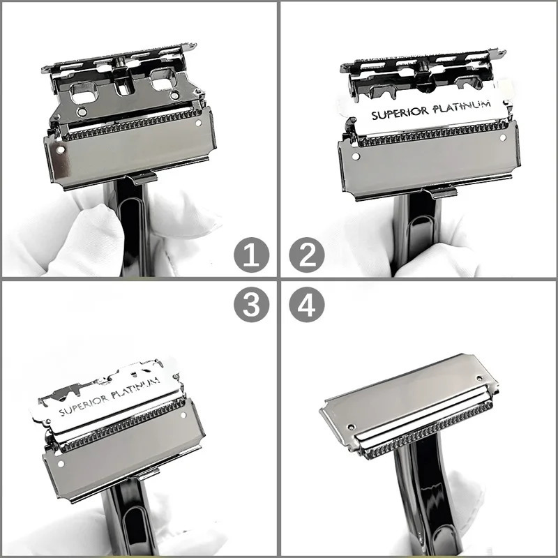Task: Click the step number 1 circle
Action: (x=251, y=255)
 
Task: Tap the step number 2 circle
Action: (x=307, y=255)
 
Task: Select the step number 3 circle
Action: (x=251, y=305)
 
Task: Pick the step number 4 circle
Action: (x=307, y=305)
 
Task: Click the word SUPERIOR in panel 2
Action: (x=400, y=113)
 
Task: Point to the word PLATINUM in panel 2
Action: (x=462, y=107)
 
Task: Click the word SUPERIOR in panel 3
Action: (x=84, y=405)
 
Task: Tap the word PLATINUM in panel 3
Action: (x=135, y=388)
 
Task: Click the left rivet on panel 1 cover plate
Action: (x=61, y=149)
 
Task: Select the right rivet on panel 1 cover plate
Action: (x=199, y=123)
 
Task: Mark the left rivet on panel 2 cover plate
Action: (x=356, y=156)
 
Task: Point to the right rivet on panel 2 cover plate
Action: (x=503, y=137)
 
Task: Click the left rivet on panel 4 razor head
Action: (x=352, y=427)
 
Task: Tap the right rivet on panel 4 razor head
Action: (x=479, y=378)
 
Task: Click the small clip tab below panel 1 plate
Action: (x=143, y=177)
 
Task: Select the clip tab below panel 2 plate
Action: (x=442, y=193)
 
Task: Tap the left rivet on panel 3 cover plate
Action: (x=61, y=464)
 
